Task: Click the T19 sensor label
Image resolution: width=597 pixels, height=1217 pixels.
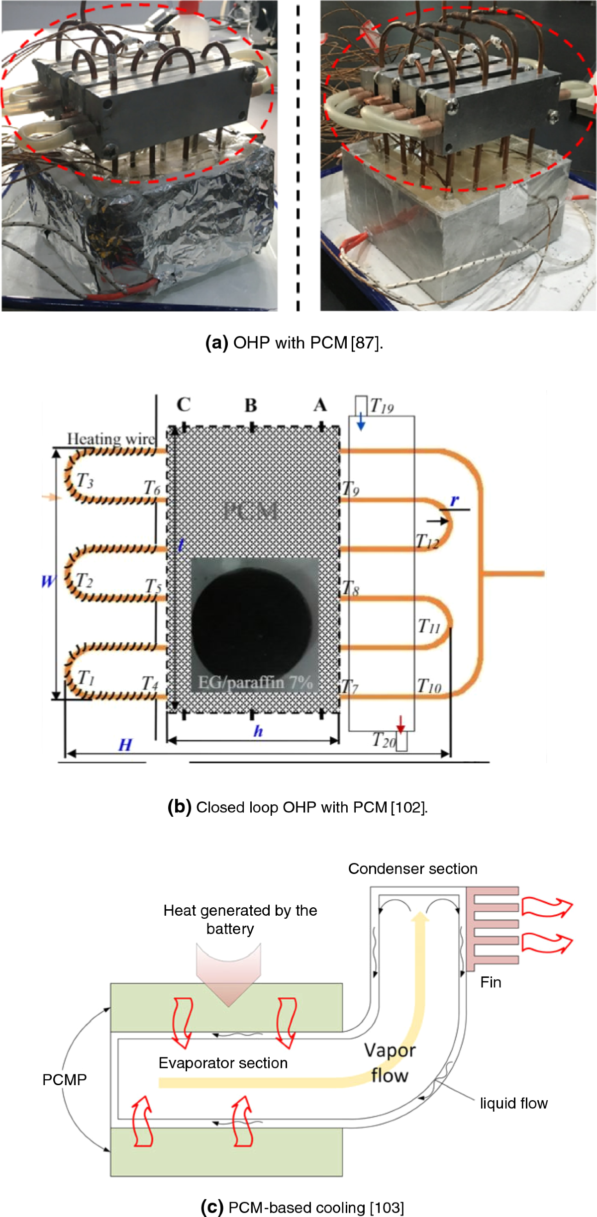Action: (x=382, y=407)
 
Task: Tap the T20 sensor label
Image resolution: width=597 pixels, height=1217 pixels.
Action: (x=384, y=740)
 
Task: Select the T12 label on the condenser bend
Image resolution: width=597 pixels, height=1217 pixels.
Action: (x=427, y=541)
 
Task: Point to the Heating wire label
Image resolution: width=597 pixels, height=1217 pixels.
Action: (x=111, y=438)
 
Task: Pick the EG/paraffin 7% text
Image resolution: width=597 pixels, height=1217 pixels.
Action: (x=255, y=682)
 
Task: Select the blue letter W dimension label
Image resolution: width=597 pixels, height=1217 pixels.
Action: (x=48, y=581)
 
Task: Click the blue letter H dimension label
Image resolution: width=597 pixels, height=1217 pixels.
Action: (x=125, y=745)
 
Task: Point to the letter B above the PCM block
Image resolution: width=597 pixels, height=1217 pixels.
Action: (x=251, y=406)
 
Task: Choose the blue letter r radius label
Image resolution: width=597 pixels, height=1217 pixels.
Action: (x=454, y=501)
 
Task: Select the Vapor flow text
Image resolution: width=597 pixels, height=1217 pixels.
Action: (x=390, y=1062)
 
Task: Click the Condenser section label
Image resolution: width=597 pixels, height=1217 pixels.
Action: (x=412, y=869)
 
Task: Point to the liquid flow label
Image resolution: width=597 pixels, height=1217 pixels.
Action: (x=513, y=1103)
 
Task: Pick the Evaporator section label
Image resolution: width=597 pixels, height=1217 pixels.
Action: (x=223, y=1063)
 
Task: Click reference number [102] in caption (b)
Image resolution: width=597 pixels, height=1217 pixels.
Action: (x=409, y=807)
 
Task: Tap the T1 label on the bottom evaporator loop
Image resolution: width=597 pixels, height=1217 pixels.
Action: (x=86, y=677)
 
